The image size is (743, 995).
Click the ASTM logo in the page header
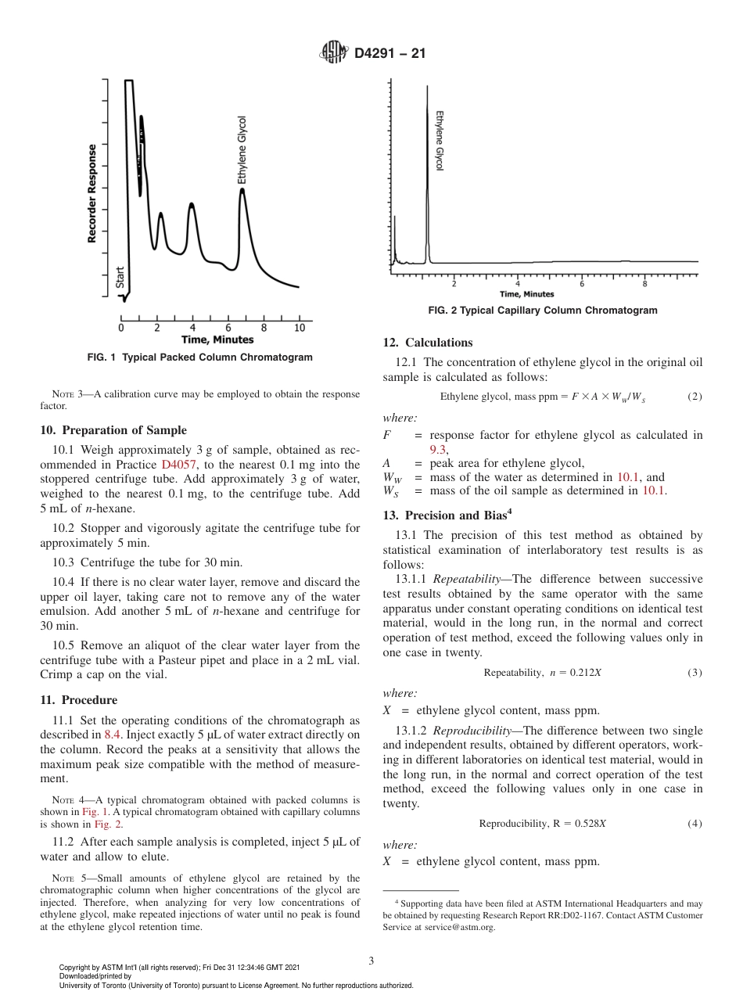tap(334, 54)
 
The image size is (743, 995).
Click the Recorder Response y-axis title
tap(92, 193)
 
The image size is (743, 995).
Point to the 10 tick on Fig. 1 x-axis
tap(299, 328)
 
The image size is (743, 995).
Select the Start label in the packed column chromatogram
tap(120, 278)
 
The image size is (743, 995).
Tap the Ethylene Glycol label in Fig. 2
tap(439, 141)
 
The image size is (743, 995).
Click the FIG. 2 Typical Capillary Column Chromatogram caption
tap(543, 311)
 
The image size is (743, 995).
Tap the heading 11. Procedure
tap(78, 700)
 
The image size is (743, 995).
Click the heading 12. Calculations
tap(428, 343)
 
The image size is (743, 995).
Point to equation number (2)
tap(695, 397)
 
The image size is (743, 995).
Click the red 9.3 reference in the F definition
tap(438, 449)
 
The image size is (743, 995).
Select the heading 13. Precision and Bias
tap(446, 515)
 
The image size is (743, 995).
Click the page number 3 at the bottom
tap(371, 961)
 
